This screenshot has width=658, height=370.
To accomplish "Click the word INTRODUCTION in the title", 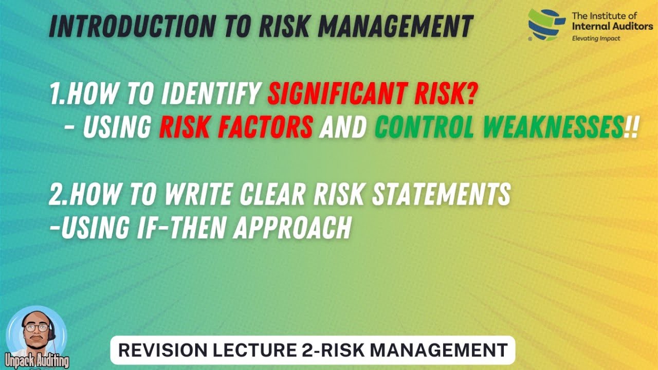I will (x=129, y=26).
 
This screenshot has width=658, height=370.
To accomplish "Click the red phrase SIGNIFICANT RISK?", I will (x=371, y=95).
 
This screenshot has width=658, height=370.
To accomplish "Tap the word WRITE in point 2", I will (x=205, y=195).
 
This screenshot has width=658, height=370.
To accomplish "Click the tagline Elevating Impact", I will (x=596, y=38).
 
